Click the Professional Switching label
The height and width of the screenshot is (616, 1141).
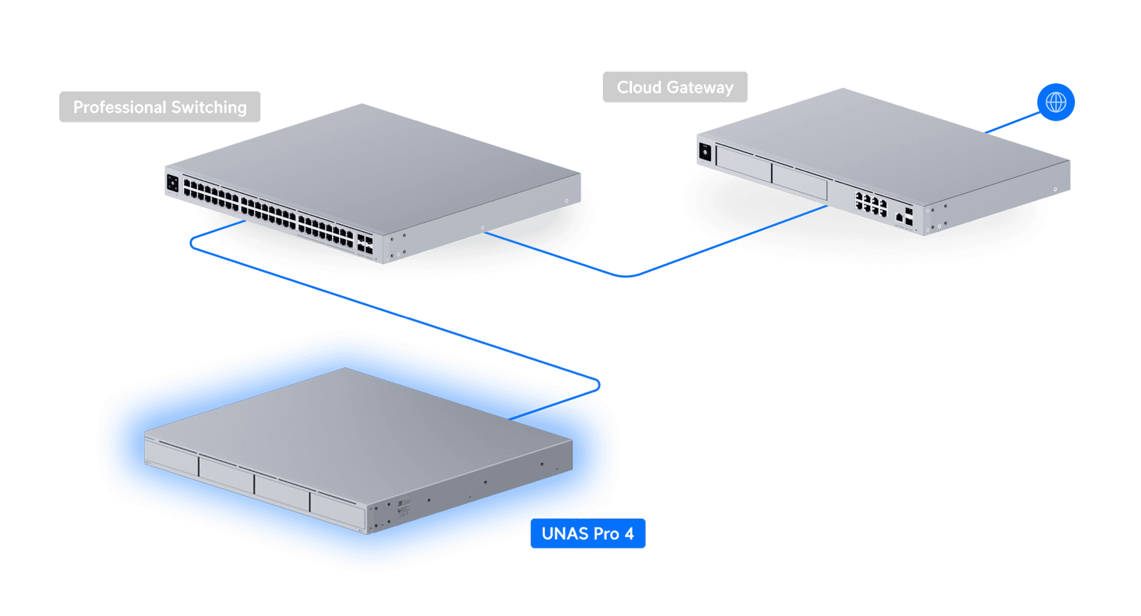tap(160, 107)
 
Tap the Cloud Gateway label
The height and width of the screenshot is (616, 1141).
tap(675, 87)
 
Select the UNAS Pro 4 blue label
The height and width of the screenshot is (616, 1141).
tap(587, 533)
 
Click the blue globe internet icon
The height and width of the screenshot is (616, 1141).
tap(1055, 102)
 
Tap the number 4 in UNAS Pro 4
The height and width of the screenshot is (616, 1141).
tap(629, 533)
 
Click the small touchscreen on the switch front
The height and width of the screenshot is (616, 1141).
tap(172, 183)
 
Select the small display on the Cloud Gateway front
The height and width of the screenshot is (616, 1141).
tap(705, 153)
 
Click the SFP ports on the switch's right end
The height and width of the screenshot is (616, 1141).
tap(365, 244)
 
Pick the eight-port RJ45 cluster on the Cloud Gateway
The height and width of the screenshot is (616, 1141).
tap(870, 204)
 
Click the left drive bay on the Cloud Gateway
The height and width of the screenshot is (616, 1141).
tap(744, 163)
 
